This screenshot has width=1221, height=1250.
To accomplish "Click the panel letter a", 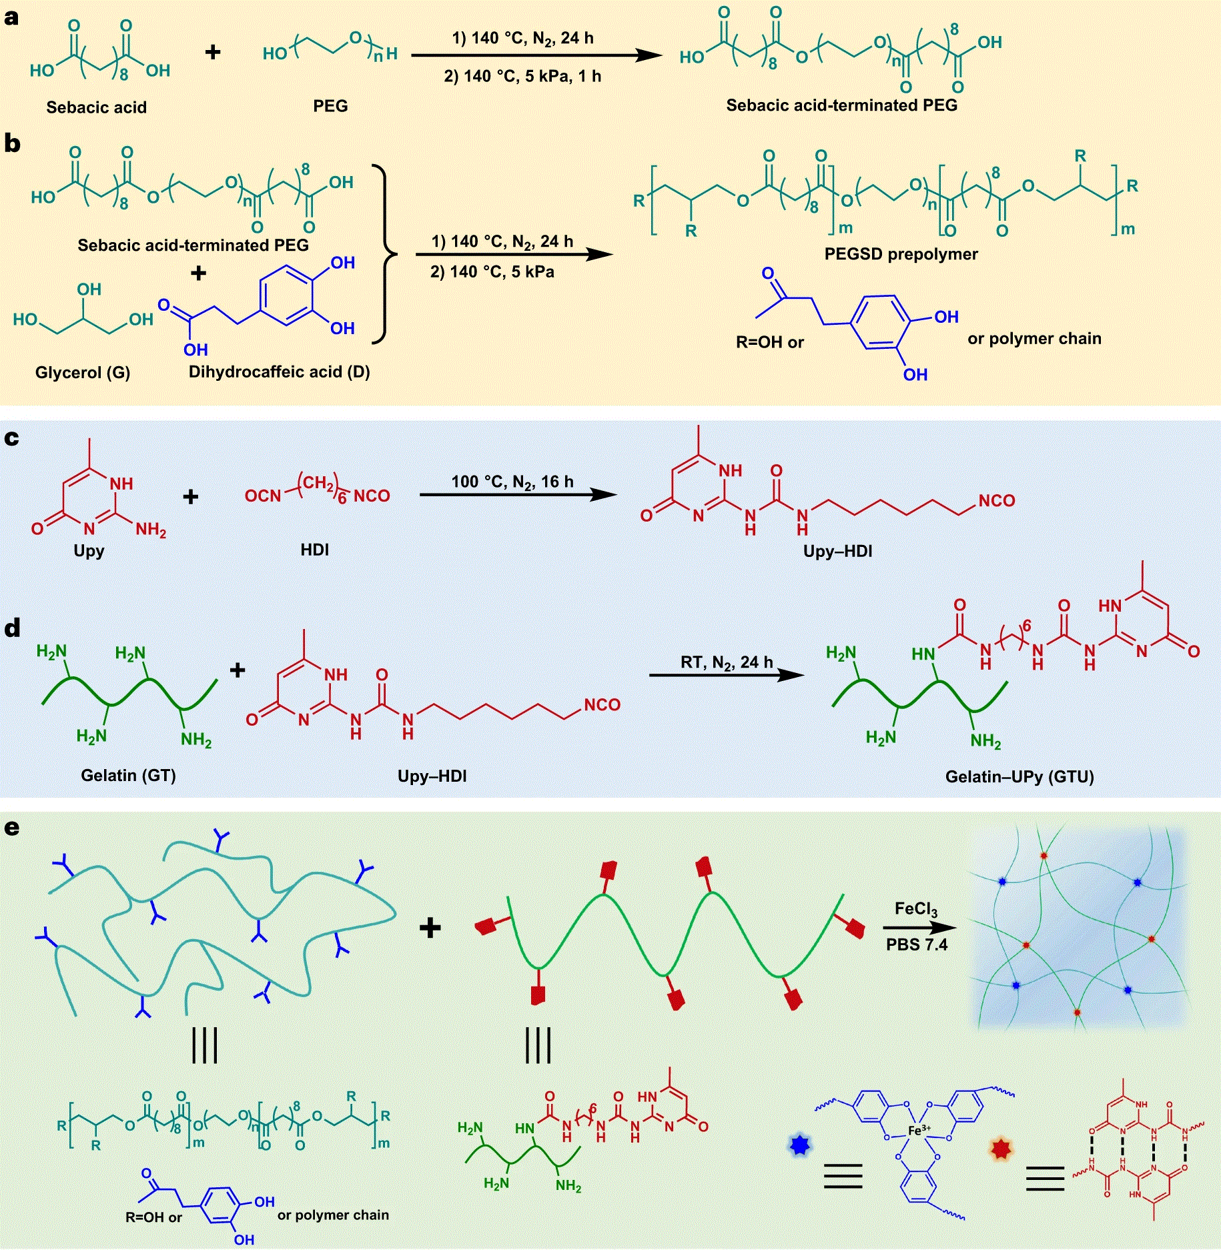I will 11,18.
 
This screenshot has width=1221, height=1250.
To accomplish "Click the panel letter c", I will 11,438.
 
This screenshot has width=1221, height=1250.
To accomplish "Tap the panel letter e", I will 11,828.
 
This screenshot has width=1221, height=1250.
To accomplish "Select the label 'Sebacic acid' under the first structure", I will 96,107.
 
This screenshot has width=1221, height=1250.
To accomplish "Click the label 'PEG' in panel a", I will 330,106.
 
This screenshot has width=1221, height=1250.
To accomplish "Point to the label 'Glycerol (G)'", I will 83,372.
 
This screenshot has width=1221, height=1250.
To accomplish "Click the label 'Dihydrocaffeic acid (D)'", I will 279,372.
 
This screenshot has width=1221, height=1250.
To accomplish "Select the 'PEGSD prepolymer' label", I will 901,254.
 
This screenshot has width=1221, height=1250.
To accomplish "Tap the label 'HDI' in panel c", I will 314,550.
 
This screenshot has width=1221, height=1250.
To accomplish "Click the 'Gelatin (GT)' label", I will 128,775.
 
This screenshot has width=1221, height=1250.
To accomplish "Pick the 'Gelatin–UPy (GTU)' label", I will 1020,776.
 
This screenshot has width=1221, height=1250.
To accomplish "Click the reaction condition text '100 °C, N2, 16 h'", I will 512,482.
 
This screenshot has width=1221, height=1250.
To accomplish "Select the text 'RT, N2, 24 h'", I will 727,662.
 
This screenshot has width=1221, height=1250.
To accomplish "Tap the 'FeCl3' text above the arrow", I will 916,909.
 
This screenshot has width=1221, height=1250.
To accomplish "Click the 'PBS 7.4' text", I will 917,945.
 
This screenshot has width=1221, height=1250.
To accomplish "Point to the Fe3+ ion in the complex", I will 919,1130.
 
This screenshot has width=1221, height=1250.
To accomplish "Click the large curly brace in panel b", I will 383,254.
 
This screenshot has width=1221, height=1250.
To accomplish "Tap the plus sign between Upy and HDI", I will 191,496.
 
